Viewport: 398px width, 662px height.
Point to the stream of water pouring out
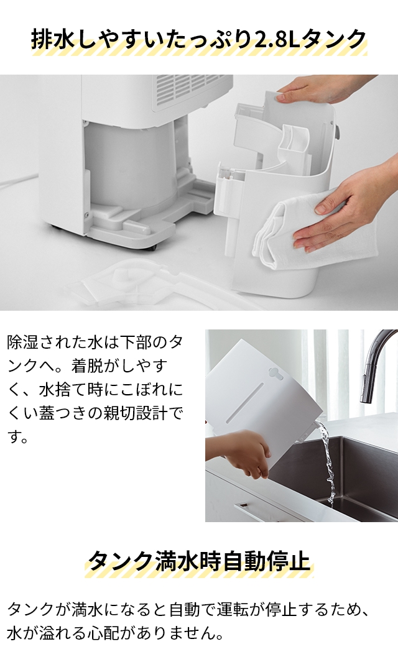[328, 460]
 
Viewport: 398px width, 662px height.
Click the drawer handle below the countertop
[261, 513]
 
